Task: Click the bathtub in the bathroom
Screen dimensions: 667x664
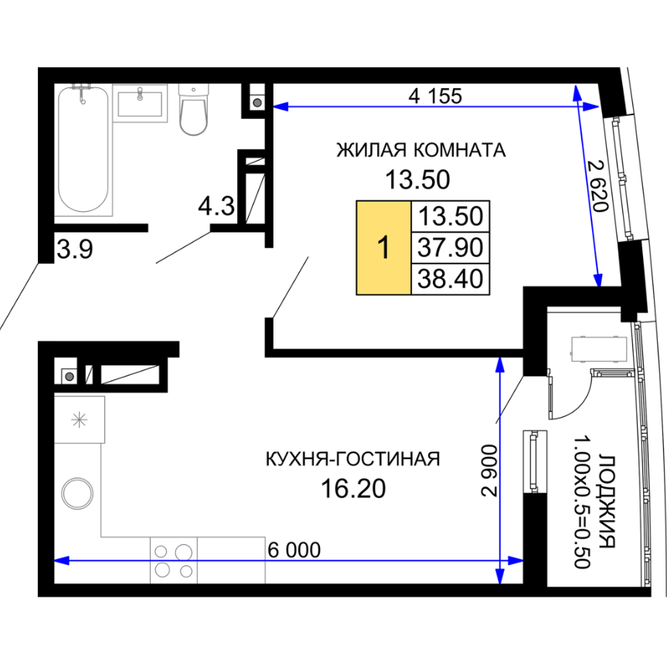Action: (x=83, y=150)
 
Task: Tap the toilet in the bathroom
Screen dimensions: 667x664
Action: (x=193, y=109)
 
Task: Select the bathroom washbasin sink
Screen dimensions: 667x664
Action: (x=140, y=104)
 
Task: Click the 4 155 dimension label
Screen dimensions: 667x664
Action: (x=435, y=96)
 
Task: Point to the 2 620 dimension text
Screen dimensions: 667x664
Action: (x=597, y=186)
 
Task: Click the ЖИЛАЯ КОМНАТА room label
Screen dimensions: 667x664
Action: (x=421, y=150)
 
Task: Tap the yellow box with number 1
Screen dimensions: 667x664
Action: (x=383, y=247)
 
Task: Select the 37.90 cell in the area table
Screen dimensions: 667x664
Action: (x=451, y=247)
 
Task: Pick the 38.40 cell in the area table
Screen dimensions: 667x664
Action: (x=451, y=279)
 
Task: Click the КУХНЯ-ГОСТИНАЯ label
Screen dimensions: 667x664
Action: (x=352, y=459)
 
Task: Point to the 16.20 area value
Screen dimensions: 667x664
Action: (x=353, y=489)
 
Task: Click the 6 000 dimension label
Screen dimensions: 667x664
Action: (x=294, y=550)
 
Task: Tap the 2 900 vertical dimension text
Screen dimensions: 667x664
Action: (x=489, y=471)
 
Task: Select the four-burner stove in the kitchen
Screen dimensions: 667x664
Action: (x=174, y=560)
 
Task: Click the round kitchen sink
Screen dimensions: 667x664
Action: (x=77, y=494)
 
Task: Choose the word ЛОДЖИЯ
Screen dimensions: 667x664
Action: (x=607, y=502)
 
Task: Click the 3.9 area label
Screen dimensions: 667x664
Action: (x=75, y=250)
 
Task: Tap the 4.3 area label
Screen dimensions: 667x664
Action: (x=216, y=206)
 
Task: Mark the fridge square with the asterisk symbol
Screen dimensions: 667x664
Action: (x=80, y=420)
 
